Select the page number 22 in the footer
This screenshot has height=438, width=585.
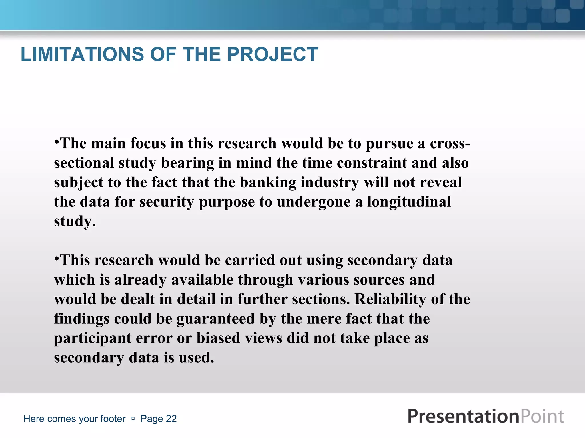pos(171,419)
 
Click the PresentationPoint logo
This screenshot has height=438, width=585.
pos(486,416)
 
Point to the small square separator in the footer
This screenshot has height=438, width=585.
pos(133,419)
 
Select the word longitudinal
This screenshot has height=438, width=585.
pos(409,202)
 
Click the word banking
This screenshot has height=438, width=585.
pos(268,182)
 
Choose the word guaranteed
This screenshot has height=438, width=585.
pos(215,319)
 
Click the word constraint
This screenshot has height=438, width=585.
pos(372,163)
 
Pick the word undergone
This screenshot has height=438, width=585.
pos(313,202)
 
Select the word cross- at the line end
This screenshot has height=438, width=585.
pos(450,143)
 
